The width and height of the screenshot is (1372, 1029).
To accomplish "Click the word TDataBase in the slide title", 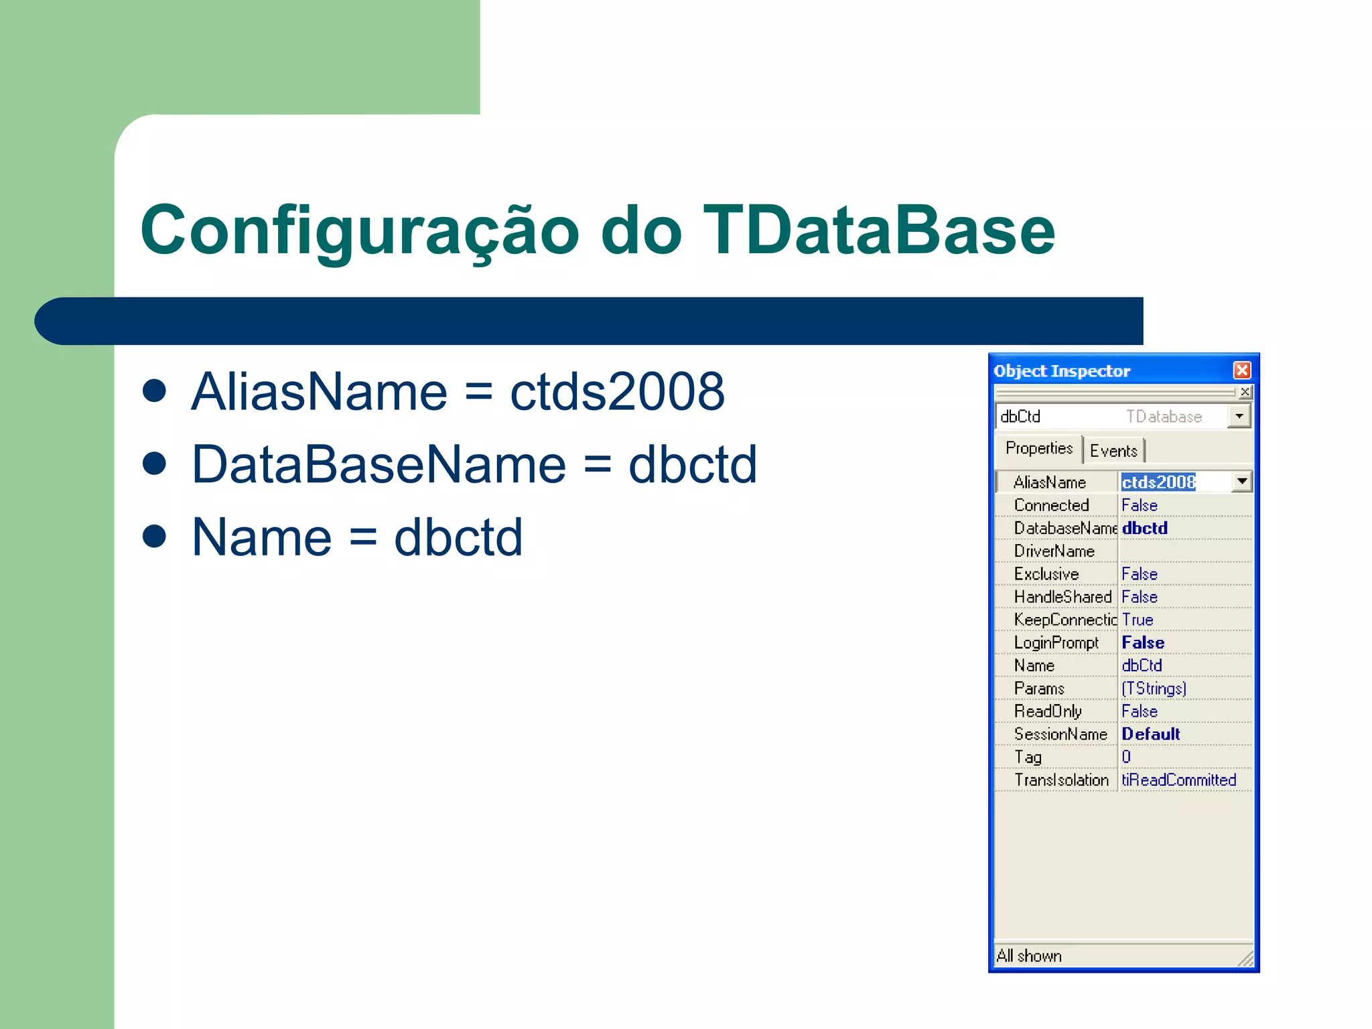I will (878, 230).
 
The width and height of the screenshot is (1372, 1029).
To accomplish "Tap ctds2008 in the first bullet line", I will (617, 392).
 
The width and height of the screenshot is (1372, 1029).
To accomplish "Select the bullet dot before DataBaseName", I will (155, 464).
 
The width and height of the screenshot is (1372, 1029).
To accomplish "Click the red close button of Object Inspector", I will (1241, 370).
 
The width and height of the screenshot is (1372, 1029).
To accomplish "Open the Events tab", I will (1113, 451).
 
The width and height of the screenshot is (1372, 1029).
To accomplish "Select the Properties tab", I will (1038, 448).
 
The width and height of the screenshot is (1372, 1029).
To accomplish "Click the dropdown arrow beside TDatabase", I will (1239, 416).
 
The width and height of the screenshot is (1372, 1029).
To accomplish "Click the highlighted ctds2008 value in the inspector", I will (1158, 482).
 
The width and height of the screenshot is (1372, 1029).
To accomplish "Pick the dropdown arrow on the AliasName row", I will (1242, 482).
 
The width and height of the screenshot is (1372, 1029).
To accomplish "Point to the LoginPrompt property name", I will (1056, 643).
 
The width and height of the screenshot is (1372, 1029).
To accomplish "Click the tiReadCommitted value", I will (1178, 780).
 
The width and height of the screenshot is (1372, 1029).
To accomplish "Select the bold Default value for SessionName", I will (1150, 734).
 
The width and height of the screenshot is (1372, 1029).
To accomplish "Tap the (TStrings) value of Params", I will (1154, 689).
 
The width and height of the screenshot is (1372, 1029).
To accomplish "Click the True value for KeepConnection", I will (1138, 620).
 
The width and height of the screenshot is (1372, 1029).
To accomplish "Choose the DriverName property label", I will (1054, 551).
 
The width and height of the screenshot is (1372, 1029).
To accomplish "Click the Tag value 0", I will (1126, 757).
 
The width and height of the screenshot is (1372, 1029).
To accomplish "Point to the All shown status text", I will (1029, 956).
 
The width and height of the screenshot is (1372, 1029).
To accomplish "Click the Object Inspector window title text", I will (1062, 371).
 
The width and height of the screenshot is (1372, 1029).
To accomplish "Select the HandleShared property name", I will (1062, 597).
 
